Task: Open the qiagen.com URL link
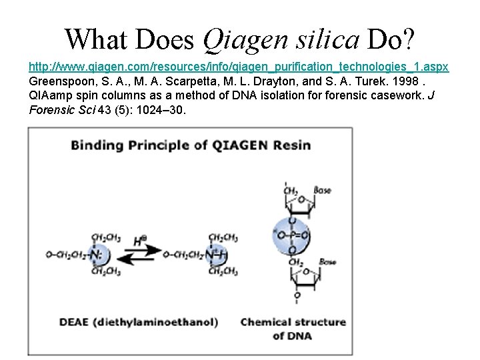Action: click(x=239, y=68)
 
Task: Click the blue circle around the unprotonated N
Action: click(x=99, y=254)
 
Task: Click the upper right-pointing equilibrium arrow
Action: click(x=149, y=249)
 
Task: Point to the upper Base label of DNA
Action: click(x=323, y=192)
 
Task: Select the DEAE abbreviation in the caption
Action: click(x=73, y=323)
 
